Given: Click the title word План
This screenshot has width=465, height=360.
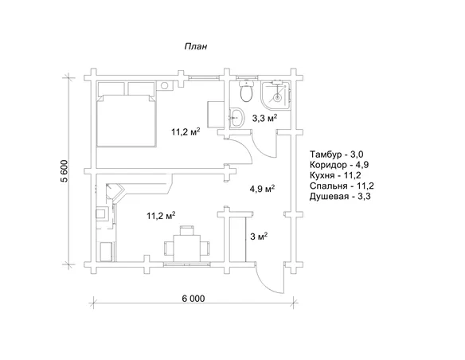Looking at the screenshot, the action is click(196, 46).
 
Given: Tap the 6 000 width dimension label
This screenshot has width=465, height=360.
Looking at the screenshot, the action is click(193, 299).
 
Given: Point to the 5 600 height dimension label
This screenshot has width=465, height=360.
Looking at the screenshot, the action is click(65, 171).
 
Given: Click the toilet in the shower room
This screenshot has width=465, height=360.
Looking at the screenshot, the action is click(247, 90).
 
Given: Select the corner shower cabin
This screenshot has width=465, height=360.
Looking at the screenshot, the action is click(275, 94).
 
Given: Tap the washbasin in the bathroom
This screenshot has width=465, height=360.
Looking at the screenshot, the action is click(236, 117).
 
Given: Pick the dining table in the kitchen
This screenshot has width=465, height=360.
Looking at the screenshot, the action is click(187, 248).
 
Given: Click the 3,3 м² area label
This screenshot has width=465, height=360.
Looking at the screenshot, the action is click(264, 118).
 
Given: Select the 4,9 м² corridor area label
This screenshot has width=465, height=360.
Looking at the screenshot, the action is click(263, 189).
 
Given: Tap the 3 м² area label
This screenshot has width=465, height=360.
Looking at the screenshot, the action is click(260, 237).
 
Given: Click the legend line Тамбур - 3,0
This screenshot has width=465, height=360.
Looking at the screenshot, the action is click(337, 155).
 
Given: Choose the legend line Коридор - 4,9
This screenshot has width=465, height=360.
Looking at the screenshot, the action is click(339, 165).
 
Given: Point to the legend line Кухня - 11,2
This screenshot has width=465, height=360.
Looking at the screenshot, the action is click(335, 175).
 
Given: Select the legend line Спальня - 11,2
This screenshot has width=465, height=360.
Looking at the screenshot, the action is click(342, 186).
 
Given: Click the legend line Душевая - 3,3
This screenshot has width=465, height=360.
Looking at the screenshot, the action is click(340, 196).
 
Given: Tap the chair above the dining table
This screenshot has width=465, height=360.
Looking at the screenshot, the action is click(187, 230).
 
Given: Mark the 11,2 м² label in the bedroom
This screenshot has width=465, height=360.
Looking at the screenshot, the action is click(186, 131).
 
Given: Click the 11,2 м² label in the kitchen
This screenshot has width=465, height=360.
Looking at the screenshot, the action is click(161, 215).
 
